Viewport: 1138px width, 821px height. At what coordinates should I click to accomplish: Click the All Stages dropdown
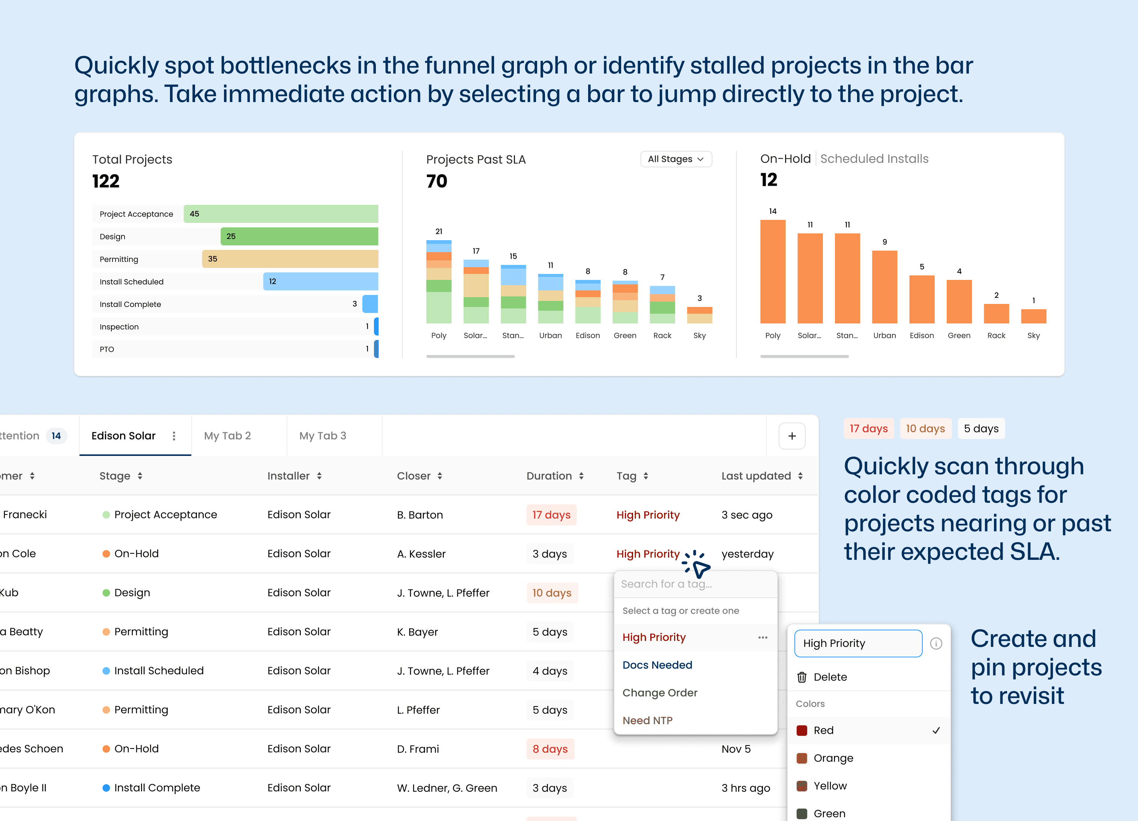click(x=676, y=159)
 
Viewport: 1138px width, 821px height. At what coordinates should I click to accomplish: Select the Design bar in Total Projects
click(x=299, y=236)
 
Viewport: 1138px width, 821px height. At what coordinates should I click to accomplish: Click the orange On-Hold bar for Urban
click(x=884, y=287)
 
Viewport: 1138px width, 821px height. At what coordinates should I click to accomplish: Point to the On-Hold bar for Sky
click(x=1033, y=316)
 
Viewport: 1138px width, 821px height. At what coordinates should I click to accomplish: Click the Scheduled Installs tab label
click(x=874, y=159)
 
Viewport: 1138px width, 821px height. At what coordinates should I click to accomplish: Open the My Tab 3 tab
click(x=323, y=436)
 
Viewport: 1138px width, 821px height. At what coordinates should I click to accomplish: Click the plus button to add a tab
click(x=792, y=436)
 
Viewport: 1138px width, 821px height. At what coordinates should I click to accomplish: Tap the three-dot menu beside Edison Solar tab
click(x=174, y=436)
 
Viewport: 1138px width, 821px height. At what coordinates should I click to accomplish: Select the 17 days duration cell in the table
click(x=551, y=515)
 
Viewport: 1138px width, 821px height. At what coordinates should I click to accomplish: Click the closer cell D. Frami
click(x=418, y=749)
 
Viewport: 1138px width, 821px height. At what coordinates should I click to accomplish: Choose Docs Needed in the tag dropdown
click(x=657, y=665)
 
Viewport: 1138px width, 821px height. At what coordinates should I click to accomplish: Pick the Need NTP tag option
click(x=647, y=720)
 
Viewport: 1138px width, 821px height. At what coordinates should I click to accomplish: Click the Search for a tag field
click(x=695, y=584)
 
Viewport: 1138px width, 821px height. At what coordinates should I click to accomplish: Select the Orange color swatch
click(x=802, y=758)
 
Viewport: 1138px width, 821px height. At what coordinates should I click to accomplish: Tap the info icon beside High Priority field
click(x=936, y=644)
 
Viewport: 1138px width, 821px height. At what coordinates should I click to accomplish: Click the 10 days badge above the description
click(x=925, y=429)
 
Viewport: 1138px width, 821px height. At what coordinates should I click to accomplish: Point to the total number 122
click(x=106, y=181)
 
